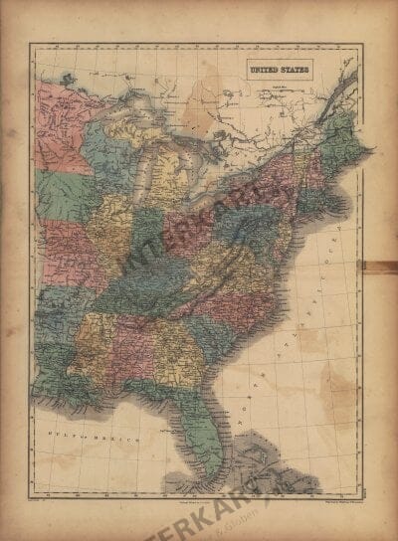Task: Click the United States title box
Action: [x=279, y=70]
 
